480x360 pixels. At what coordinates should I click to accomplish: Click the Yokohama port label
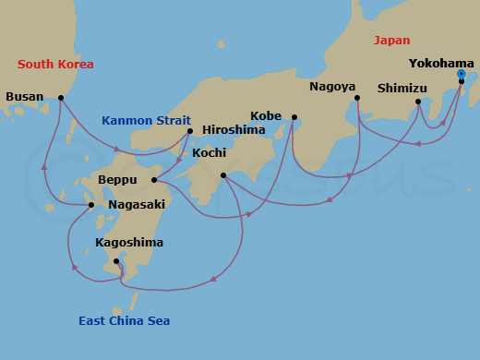coord(441,64)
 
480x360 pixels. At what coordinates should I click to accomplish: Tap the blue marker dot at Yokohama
coord(461,74)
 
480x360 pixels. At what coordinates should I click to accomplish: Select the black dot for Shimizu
coord(418,102)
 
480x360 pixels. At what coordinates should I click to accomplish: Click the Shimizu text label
coord(403,89)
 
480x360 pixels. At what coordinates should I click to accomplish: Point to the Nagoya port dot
coord(357,97)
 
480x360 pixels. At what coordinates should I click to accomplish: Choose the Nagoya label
coord(332,86)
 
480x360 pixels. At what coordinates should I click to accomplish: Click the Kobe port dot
coord(294,117)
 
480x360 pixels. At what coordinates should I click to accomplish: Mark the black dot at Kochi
coord(223,174)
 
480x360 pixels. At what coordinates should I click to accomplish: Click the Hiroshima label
coord(234,130)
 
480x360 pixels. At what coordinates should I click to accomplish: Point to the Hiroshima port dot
coord(190,131)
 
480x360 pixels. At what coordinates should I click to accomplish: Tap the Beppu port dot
coord(154,179)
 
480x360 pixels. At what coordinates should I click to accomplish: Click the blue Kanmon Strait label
coord(146,120)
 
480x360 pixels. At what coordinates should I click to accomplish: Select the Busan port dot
coord(61,97)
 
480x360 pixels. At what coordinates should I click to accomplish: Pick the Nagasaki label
coord(137,204)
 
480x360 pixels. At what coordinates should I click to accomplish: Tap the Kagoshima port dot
coord(116,261)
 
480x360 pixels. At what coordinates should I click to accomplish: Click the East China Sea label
coord(124,320)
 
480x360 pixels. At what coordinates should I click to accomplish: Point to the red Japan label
coord(391,40)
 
